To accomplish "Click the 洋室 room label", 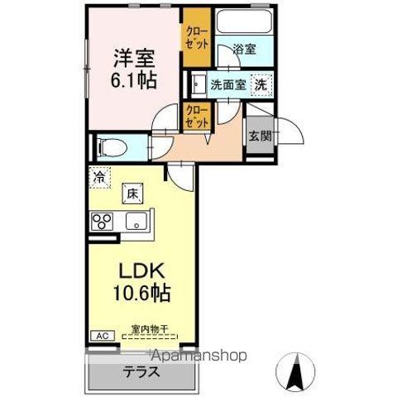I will [135, 59].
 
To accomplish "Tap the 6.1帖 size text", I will [135, 82].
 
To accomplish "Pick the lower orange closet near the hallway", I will [196, 115].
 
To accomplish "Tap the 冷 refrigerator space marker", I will [99, 176].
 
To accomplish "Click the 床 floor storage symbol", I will [131, 194].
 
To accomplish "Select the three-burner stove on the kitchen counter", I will [103, 222].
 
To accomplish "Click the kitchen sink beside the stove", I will [135, 222].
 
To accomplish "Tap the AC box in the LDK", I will [102, 337].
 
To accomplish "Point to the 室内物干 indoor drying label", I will [150, 330].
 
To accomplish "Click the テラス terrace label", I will [143, 372].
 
